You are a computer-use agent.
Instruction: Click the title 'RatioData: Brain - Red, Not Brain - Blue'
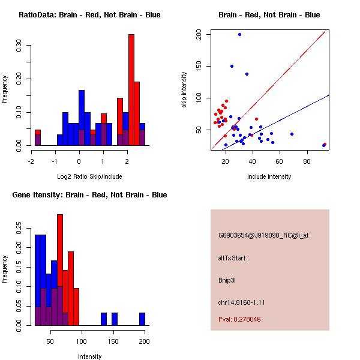(89, 15)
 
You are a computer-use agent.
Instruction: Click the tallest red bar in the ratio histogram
(131, 90)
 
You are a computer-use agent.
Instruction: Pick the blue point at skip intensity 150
(232, 66)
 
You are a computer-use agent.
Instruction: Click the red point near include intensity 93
(325, 145)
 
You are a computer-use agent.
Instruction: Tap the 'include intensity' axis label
(269, 176)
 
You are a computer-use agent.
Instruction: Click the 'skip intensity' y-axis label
(184, 90)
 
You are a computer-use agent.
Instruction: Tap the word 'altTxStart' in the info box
(232, 258)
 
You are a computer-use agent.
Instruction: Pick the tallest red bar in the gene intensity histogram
(60, 270)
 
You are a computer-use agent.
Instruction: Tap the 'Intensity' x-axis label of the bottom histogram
(89, 356)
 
